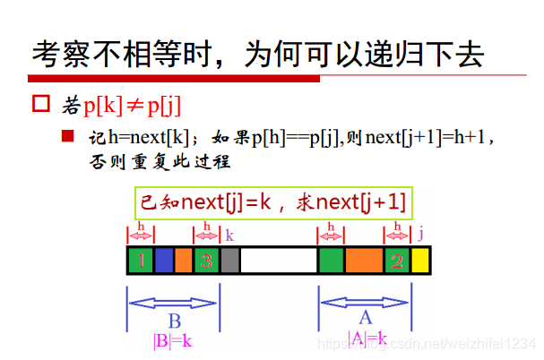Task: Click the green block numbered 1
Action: (141, 261)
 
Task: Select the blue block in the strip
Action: (164, 261)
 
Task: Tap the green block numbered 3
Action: (206, 261)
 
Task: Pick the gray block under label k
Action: (229, 261)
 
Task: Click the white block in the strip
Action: (279, 261)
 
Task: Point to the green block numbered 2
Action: (397, 261)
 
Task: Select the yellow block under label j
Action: (420, 261)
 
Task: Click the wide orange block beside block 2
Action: (364, 261)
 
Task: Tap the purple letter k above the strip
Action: (229, 236)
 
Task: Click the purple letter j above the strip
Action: (420, 234)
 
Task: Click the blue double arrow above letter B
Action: (173, 302)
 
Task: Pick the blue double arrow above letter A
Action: (366, 302)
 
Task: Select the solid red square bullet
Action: (66, 136)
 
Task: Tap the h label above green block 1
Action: (141, 227)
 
